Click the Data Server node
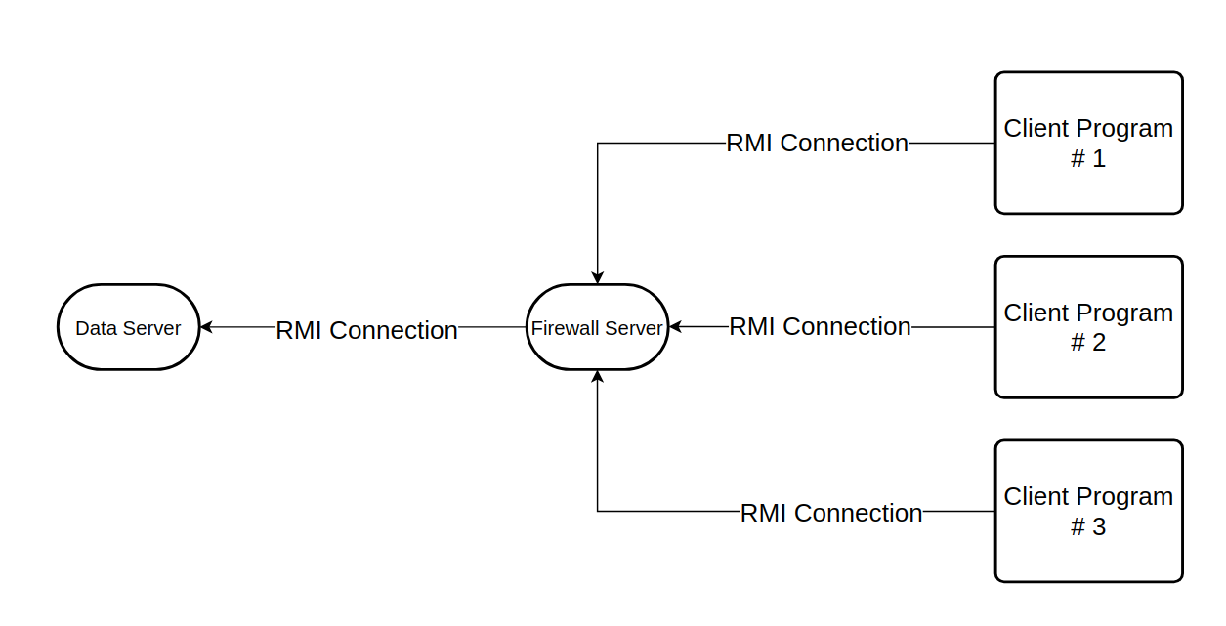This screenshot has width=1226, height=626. [128, 327]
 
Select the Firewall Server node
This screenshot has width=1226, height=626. [597, 327]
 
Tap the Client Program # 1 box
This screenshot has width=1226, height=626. [1088, 143]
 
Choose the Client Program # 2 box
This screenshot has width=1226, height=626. [1088, 327]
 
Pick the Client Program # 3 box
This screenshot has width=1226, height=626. [1088, 511]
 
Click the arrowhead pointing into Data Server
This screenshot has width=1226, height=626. [206, 327]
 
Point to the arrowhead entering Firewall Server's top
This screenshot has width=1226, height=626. [597, 277]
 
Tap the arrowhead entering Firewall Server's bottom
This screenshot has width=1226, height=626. [597, 377]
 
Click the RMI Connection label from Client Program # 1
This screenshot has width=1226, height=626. [817, 143]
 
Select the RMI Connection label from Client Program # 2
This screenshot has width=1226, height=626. [820, 326]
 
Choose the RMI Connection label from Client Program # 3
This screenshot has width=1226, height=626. [831, 513]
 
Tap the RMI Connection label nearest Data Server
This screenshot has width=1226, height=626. [366, 330]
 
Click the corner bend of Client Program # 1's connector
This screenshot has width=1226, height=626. [597, 143]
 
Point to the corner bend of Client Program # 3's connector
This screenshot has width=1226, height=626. [597, 511]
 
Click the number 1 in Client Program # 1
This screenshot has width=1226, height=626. [1099, 159]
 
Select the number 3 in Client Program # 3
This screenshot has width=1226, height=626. [1099, 527]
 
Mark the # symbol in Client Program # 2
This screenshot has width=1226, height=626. [1078, 344]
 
